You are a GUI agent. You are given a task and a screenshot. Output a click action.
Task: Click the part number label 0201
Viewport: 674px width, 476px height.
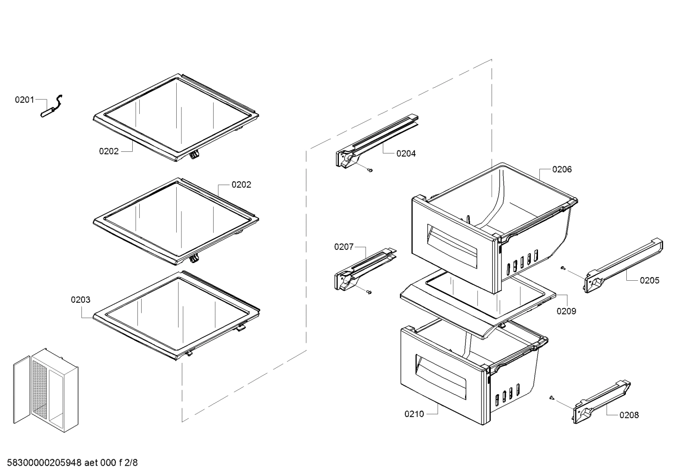tap(24, 99)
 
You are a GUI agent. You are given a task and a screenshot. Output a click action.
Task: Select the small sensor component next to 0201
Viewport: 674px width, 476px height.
tap(53, 108)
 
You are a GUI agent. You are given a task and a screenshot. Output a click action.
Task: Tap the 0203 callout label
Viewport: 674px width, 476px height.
tap(80, 300)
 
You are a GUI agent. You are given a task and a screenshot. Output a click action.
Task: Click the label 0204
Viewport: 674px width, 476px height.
tap(406, 154)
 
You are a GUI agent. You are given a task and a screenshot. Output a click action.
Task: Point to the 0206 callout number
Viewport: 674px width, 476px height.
tap(561, 170)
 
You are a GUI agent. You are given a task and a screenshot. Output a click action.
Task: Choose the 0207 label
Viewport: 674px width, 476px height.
tap(344, 247)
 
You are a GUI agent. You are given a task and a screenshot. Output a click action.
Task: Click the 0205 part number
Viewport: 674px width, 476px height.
tap(649, 280)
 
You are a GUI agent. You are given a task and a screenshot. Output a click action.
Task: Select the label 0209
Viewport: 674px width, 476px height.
tap(566, 311)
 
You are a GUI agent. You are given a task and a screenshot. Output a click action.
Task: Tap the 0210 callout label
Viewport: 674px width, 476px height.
tap(414, 414)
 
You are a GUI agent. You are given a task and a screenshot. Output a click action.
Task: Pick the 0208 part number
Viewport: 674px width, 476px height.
tap(629, 415)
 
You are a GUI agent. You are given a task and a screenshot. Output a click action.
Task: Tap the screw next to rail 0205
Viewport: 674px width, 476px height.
tap(564, 268)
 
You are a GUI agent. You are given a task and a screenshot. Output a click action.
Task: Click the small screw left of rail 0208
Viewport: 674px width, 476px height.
tap(552, 398)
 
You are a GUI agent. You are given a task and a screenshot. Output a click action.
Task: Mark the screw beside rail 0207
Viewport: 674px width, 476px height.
tap(370, 292)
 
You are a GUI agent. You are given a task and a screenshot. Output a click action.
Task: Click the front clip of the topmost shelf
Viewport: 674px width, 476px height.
tap(194, 155)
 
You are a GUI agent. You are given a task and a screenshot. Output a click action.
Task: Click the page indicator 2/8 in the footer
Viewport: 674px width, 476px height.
tap(132, 463)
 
